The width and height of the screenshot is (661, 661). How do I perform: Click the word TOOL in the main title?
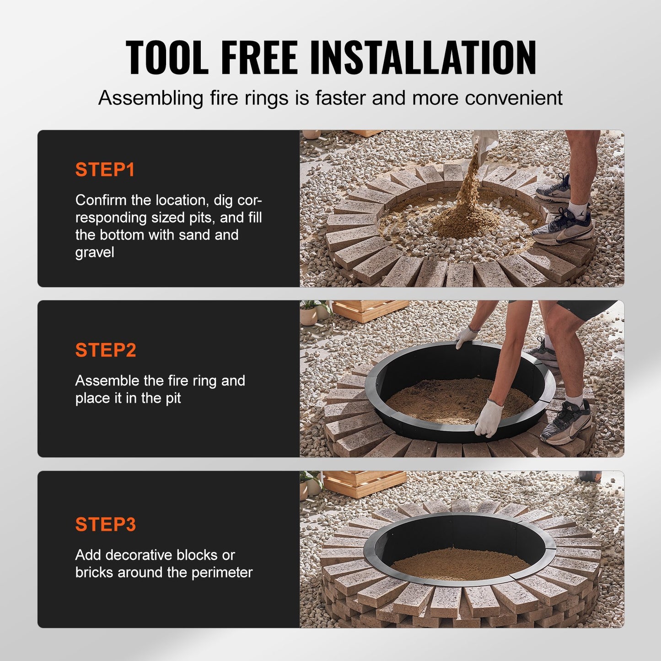167,58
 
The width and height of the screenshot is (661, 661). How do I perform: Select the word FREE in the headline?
259,58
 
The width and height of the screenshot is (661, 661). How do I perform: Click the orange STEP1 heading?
105,170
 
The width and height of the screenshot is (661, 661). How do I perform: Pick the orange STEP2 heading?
106,350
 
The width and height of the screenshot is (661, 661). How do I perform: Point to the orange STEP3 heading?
106,524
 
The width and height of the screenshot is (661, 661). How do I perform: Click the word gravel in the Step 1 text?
95,253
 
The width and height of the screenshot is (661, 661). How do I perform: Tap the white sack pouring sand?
485,140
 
